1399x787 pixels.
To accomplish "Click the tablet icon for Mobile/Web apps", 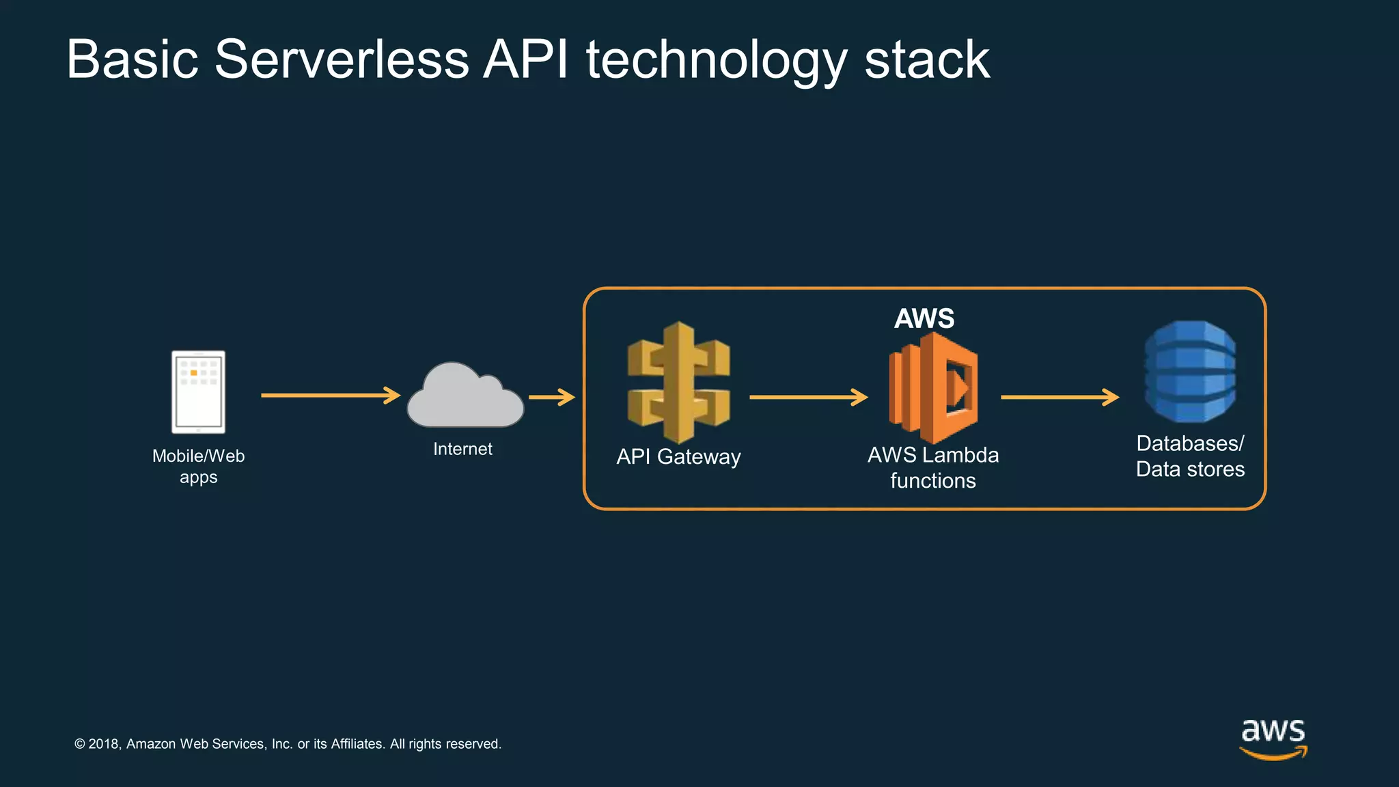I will pyautogui.click(x=198, y=392).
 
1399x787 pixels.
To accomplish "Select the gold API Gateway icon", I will pyautogui.click(x=678, y=383).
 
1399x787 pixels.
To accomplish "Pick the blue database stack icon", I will pyautogui.click(x=1190, y=372).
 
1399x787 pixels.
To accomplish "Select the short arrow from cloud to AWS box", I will pyautogui.click(x=552, y=397).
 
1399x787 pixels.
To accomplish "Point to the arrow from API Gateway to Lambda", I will pyautogui.click(x=808, y=397).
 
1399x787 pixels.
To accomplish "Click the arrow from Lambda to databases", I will pyautogui.click(x=1059, y=397).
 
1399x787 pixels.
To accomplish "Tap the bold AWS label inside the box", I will pyautogui.click(x=924, y=318).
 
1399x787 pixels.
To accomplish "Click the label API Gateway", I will pyautogui.click(x=678, y=456).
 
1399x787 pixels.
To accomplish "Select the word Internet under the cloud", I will pyautogui.click(x=462, y=449).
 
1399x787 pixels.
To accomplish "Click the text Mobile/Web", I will pyautogui.click(x=198, y=456).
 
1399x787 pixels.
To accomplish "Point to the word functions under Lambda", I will pyautogui.click(x=932, y=481).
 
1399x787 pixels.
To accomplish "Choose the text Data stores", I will pyautogui.click(x=1190, y=469).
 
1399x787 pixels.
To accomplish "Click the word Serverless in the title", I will pyautogui.click(x=342, y=59).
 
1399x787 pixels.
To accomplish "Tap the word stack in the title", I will pyautogui.click(x=927, y=59).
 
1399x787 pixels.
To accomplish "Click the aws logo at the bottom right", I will pyautogui.click(x=1273, y=738).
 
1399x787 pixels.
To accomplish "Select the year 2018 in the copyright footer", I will pyautogui.click(x=105, y=744).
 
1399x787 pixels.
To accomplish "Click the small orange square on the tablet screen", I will pyautogui.click(x=194, y=373).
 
